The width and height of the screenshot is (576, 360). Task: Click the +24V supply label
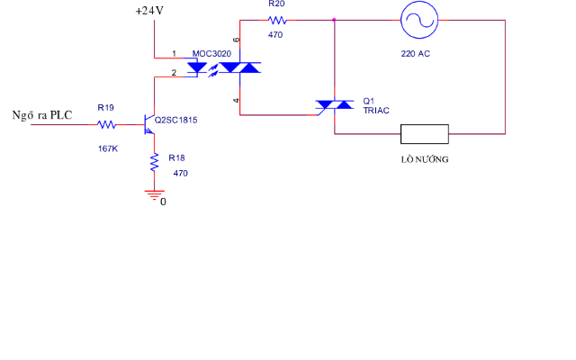tap(148, 11)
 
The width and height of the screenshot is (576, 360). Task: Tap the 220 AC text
tap(415, 54)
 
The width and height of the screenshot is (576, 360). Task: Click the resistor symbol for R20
tap(276, 19)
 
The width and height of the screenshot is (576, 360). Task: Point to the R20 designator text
tap(276, 4)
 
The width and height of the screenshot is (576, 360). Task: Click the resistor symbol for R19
tap(107, 124)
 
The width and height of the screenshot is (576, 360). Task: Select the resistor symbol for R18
tap(155, 163)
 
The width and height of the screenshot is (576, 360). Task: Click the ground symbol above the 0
tap(155, 193)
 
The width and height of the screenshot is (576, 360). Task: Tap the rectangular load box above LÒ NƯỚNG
tap(425, 135)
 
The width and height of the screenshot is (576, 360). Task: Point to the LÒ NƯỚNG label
tap(425, 159)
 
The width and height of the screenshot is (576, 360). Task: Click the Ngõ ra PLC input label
tap(41, 115)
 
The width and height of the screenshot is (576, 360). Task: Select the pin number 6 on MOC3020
tap(237, 41)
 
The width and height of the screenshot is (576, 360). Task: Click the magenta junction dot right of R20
tap(335, 19)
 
